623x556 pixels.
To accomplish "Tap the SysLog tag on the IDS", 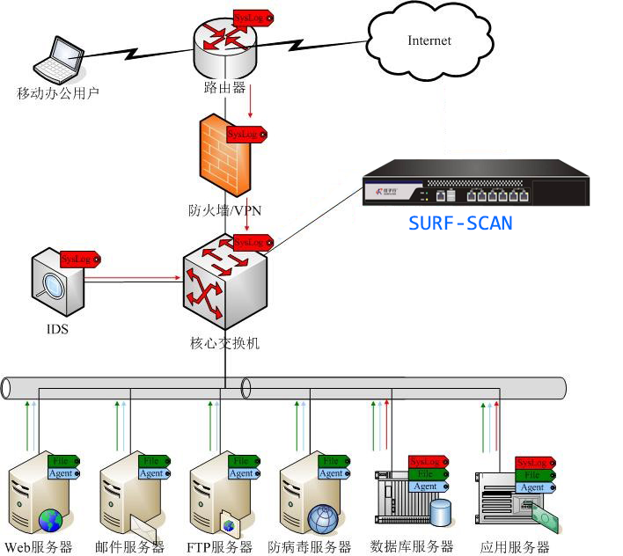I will [x=79, y=260].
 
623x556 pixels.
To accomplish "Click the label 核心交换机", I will [x=224, y=343].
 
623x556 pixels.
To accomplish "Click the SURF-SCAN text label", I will [x=460, y=223].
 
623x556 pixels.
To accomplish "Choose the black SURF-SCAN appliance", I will [x=473, y=183].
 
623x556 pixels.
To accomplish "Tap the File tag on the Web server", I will [x=64, y=461].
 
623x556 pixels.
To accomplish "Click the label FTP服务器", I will [x=219, y=547].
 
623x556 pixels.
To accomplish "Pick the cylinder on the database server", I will [x=439, y=511].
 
